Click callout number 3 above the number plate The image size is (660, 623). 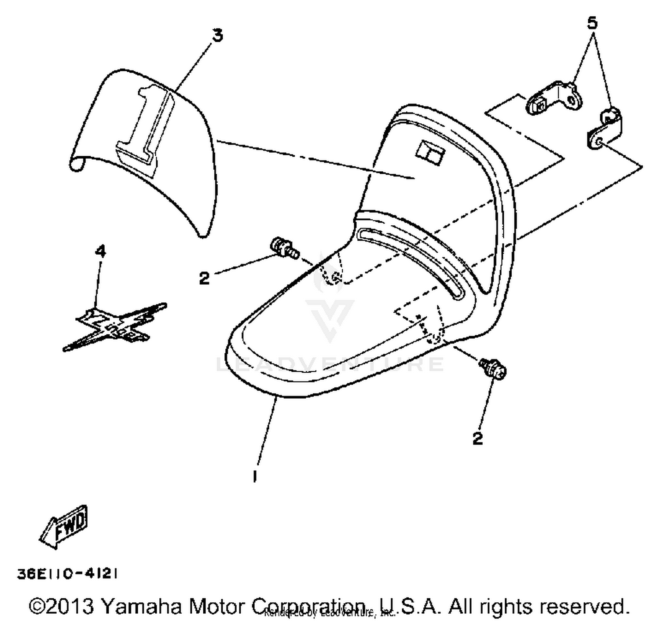point(217,36)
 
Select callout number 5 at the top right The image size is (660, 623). point(592,23)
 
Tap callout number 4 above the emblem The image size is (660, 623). point(101,252)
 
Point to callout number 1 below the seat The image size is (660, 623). point(255,476)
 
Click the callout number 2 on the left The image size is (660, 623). point(204,278)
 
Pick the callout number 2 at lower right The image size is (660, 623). point(477,438)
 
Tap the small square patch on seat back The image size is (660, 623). point(430,152)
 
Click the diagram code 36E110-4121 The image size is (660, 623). point(67,574)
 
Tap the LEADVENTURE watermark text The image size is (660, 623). point(330,364)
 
